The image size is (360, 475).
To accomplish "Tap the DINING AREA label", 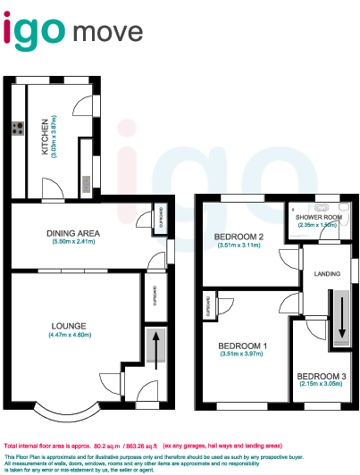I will [74, 233].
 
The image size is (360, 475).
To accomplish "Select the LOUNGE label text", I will [70, 325].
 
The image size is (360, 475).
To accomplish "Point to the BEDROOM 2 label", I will [239, 237].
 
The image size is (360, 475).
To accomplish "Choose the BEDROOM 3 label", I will [319, 375].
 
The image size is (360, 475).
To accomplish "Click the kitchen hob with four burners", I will [18, 128].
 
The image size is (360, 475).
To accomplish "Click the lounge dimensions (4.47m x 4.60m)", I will [70, 335].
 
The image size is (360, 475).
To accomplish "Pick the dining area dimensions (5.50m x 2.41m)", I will [74, 242].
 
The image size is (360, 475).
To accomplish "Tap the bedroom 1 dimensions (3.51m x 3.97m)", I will [244, 354].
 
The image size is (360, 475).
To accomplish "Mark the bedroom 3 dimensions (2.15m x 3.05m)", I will [319, 384].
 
